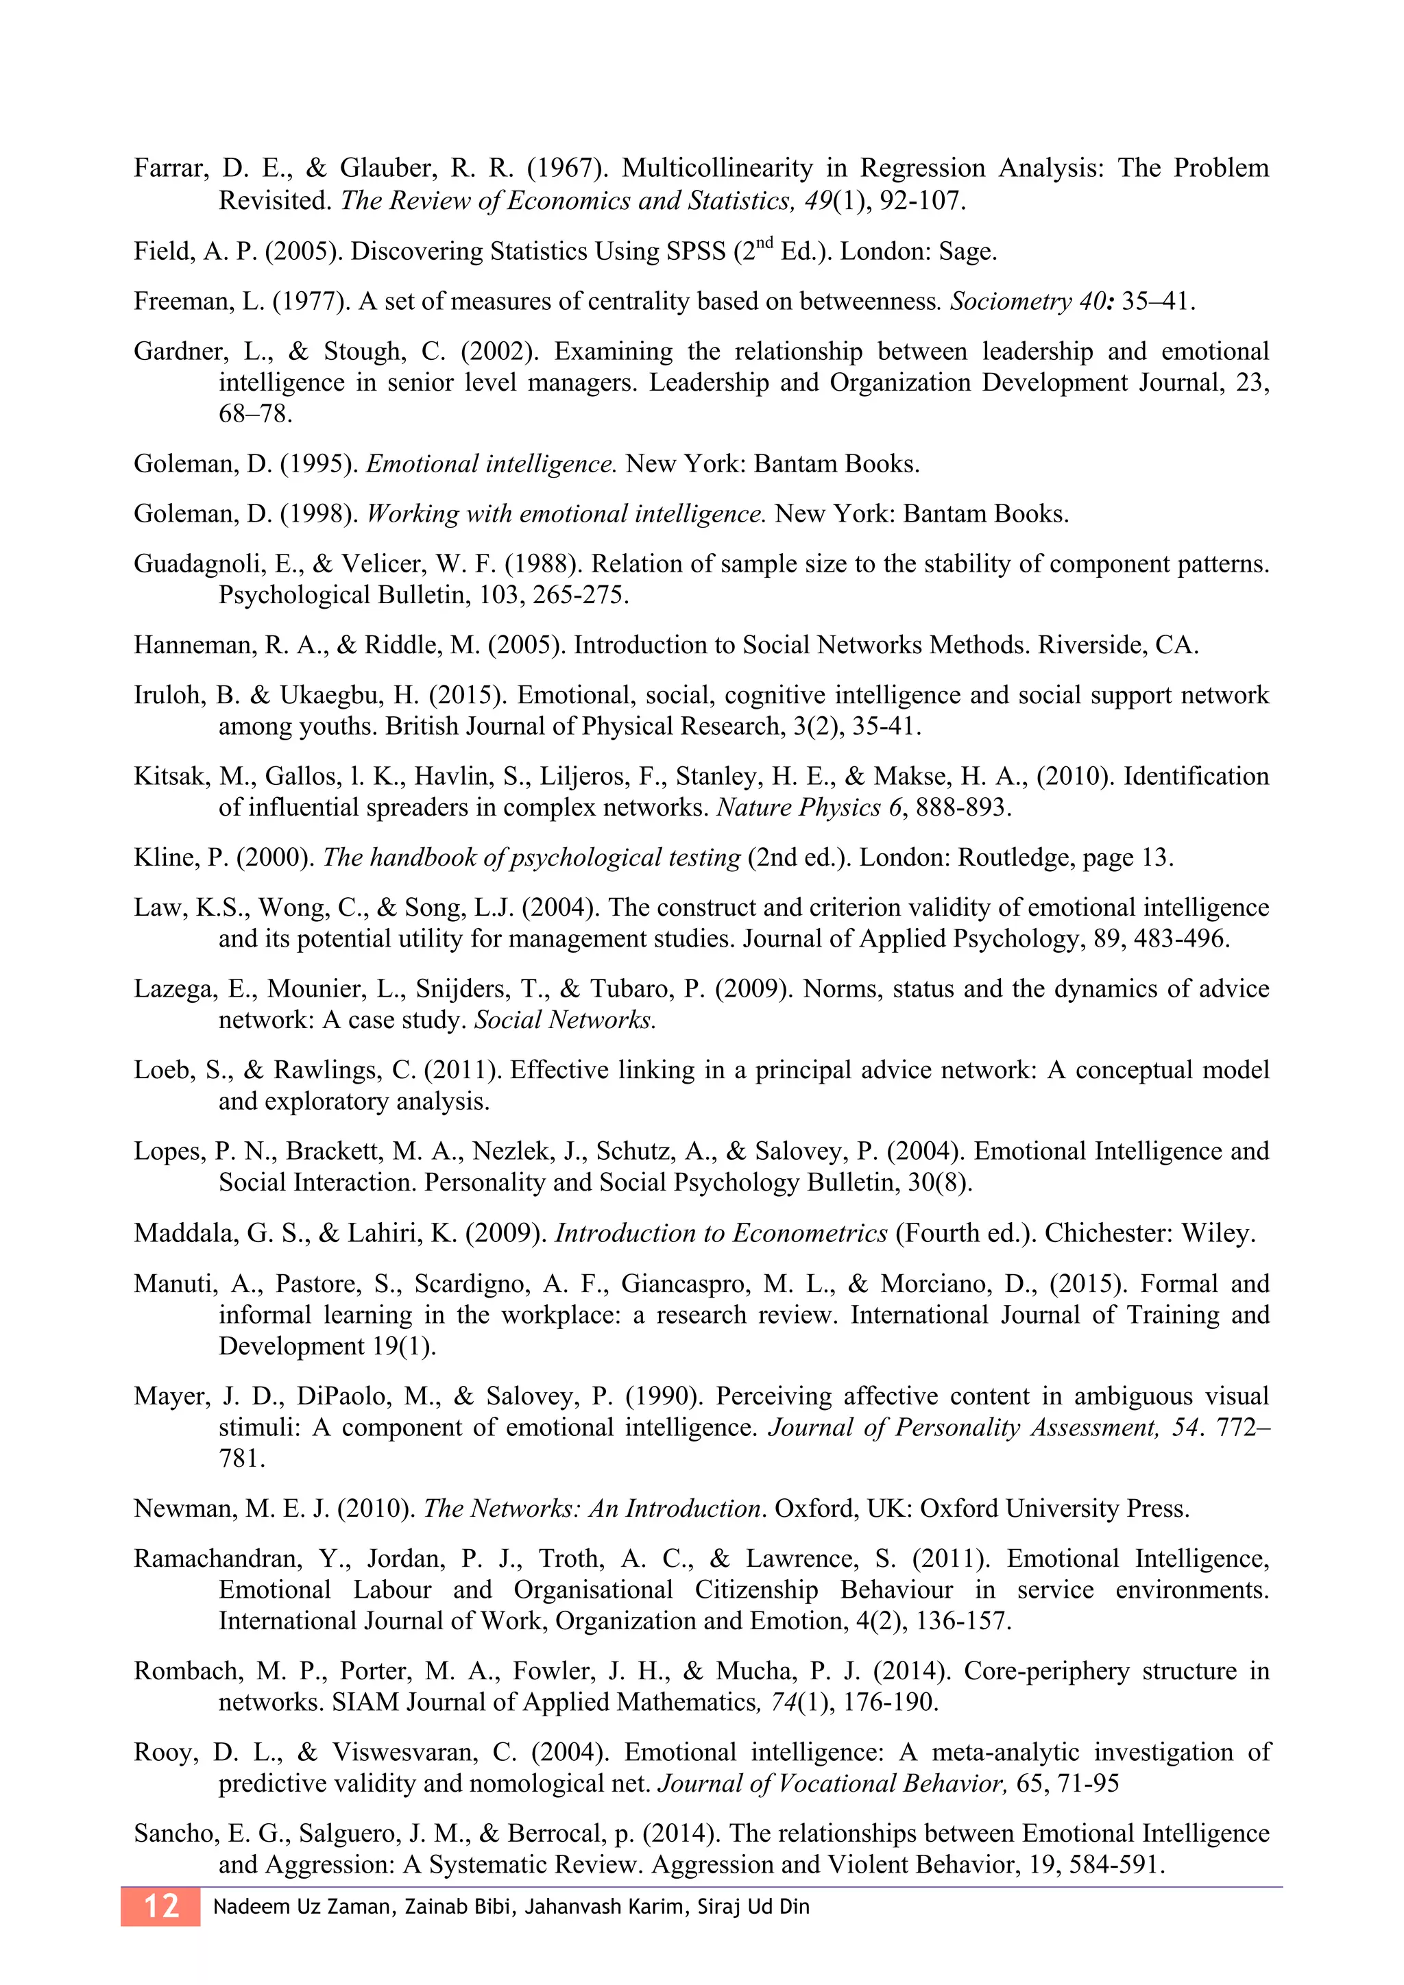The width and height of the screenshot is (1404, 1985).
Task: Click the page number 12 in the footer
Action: [x=161, y=1906]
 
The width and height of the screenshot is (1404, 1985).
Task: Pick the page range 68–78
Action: [x=255, y=414]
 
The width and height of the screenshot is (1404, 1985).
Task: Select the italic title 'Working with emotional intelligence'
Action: [x=566, y=514]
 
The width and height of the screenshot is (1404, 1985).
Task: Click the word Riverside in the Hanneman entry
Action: [x=1092, y=646]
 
